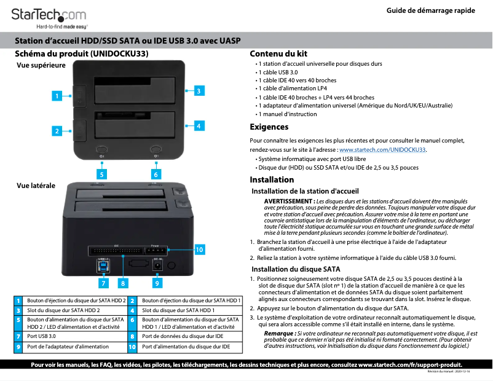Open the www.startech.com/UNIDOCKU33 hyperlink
382,149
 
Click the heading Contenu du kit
278,54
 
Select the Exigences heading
269,127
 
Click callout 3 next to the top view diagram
199,91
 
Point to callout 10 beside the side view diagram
199,250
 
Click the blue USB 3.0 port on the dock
103,266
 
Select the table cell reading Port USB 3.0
41,336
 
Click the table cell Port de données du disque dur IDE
183,336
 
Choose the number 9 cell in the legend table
19,347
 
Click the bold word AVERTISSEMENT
288,202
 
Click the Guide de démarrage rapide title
430,12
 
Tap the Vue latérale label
35,185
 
